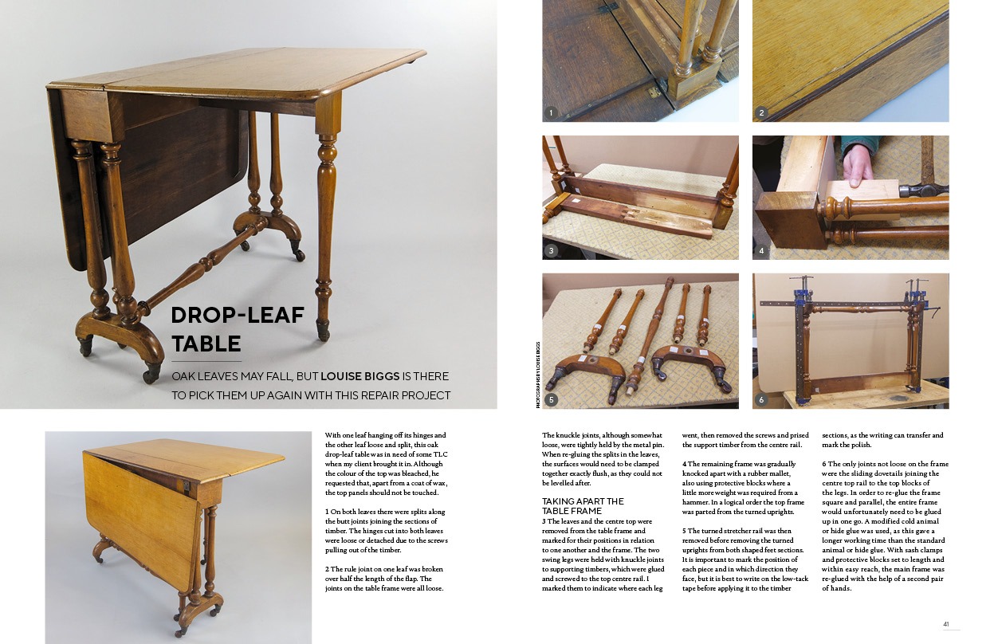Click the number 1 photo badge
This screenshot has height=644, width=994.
550,113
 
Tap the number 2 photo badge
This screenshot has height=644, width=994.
761,113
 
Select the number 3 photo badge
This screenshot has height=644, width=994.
550,251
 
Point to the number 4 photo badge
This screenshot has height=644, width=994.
761,251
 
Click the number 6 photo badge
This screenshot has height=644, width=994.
761,399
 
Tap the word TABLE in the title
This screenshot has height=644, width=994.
206,344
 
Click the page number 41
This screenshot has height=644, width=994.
947,624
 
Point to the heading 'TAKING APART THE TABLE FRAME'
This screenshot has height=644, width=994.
578,506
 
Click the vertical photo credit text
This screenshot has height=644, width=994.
537,375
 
